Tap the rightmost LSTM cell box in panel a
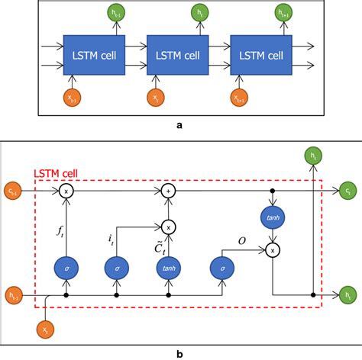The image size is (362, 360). coord(260,54)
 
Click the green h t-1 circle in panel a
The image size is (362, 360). coord(114,13)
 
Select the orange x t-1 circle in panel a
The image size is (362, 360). coord(73,96)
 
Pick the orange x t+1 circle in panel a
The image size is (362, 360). coord(240,96)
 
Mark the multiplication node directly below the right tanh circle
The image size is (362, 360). coord(274,249)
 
